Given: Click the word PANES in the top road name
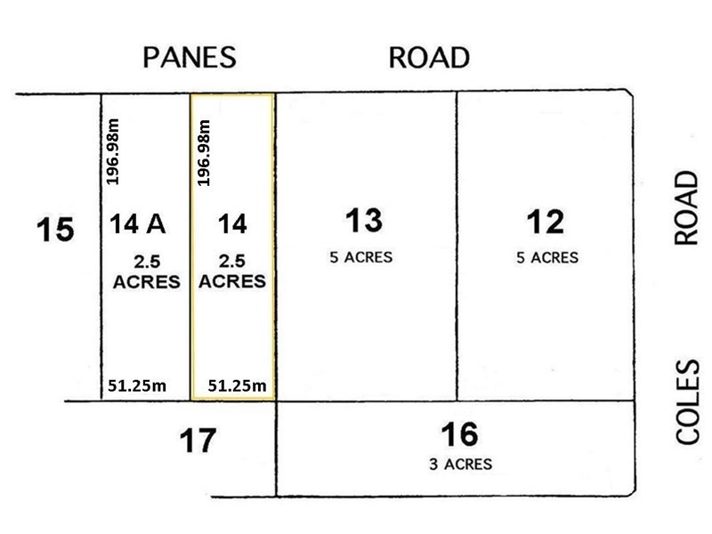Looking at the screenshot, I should [x=190, y=58].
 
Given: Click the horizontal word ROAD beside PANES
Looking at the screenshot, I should [x=428, y=58].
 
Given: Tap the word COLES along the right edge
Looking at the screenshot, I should [x=689, y=401].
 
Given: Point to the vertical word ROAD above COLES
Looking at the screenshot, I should [x=686, y=208].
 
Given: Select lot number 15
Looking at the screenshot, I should [x=55, y=231].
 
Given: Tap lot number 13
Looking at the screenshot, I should [x=365, y=220].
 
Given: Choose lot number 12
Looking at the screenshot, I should [x=544, y=220].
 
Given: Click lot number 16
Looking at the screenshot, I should [x=459, y=434].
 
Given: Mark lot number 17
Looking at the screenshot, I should [x=197, y=441].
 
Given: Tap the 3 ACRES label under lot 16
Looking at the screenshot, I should [x=459, y=464].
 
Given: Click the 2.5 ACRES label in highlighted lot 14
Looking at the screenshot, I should [x=231, y=271].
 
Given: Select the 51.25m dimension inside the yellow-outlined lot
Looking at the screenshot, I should [x=237, y=386].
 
